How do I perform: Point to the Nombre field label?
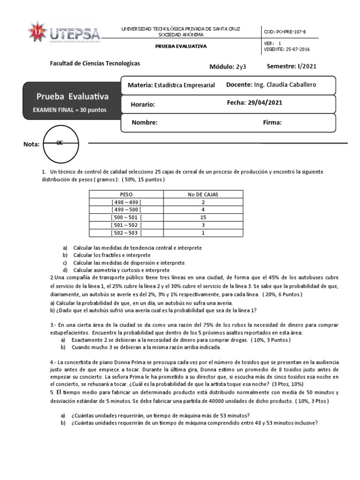click(x=144, y=122)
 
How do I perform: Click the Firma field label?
click(x=272, y=122)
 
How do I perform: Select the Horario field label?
click(x=142, y=105)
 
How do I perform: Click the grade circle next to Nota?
click(x=60, y=143)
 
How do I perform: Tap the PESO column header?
click(x=127, y=194)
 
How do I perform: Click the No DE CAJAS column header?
click(x=203, y=194)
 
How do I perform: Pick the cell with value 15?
click(x=203, y=217)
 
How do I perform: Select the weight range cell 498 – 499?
click(x=127, y=202)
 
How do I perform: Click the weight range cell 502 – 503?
click(x=127, y=232)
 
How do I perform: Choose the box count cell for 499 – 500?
click(x=203, y=210)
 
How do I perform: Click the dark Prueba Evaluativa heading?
click(x=72, y=97)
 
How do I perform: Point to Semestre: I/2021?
click(x=291, y=66)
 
